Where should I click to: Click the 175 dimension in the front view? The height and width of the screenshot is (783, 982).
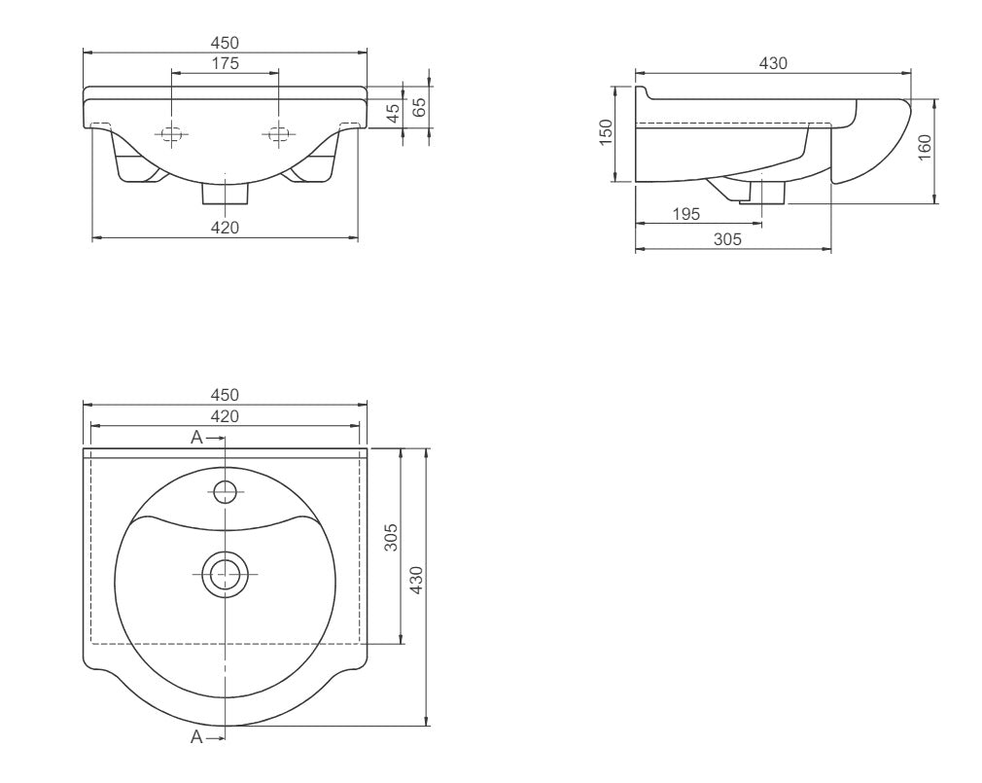225,63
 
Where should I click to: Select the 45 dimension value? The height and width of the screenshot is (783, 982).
394,114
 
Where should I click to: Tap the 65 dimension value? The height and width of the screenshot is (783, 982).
420,106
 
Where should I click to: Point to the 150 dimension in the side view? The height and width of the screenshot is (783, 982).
606,133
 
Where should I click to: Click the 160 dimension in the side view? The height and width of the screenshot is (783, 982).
925,148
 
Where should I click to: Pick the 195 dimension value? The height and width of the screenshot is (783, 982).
685,214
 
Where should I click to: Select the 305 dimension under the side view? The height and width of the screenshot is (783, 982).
727,238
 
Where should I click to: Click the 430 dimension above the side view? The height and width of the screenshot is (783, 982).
773,63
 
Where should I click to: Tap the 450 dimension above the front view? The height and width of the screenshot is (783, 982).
225,43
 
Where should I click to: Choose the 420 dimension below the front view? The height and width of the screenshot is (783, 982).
225,228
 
